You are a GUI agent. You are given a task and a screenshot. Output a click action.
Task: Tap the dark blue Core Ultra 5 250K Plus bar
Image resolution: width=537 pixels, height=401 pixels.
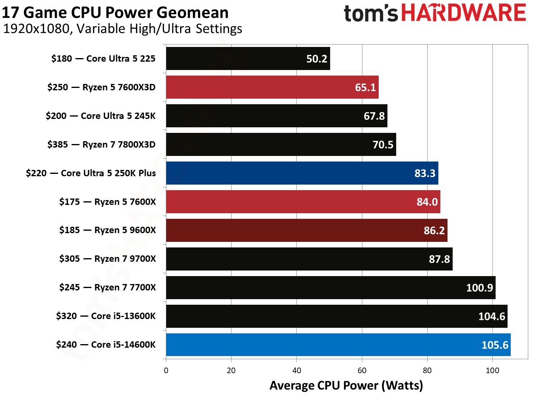(x=302, y=173)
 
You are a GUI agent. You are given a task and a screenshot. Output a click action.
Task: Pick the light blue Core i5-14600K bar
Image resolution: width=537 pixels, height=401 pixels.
(x=338, y=345)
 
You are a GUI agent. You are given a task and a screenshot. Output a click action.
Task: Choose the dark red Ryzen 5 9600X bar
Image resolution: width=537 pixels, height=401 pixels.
(x=306, y=230)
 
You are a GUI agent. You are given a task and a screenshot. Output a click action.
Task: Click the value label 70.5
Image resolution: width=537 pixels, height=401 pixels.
(x=383, y=145)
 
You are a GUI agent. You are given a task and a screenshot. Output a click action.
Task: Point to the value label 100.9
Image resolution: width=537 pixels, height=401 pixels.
(x=479, y=288)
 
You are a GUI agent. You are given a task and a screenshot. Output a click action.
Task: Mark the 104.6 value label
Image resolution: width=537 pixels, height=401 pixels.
(x=491, y=316)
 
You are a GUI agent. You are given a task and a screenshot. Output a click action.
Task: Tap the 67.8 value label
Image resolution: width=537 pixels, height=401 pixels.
(x=374, y=116)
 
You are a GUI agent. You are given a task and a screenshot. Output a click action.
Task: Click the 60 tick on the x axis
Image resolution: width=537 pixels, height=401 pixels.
(x=362, y=370)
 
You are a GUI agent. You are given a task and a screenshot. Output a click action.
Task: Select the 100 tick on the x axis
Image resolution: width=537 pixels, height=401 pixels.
(x=492, y=370)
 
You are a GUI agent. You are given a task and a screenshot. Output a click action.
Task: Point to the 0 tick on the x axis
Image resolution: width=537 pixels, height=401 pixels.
(x=166, y=370)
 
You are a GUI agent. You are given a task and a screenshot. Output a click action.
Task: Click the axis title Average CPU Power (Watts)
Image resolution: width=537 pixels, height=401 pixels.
(x=346, y=385)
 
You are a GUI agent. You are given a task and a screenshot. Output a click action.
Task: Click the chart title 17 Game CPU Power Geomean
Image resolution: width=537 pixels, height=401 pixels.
(x=115, y=12)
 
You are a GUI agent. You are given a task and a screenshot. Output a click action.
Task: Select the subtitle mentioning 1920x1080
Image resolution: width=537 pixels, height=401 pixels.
(x=123, y=29)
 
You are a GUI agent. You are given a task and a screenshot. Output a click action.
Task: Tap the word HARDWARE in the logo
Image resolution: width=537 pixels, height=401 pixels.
(x=463, y=13)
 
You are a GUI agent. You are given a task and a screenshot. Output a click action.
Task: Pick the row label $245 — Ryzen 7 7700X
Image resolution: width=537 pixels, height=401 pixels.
(x=107, y=287)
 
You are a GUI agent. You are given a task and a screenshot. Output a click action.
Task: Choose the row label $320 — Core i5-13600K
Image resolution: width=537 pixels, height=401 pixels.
(x=106, y=316)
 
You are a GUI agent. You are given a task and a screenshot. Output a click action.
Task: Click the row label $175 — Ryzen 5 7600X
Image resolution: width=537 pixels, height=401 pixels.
(x=107, y=202)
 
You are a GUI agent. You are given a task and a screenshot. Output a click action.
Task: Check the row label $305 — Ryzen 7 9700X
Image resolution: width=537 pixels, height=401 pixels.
(x=107, y=259)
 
